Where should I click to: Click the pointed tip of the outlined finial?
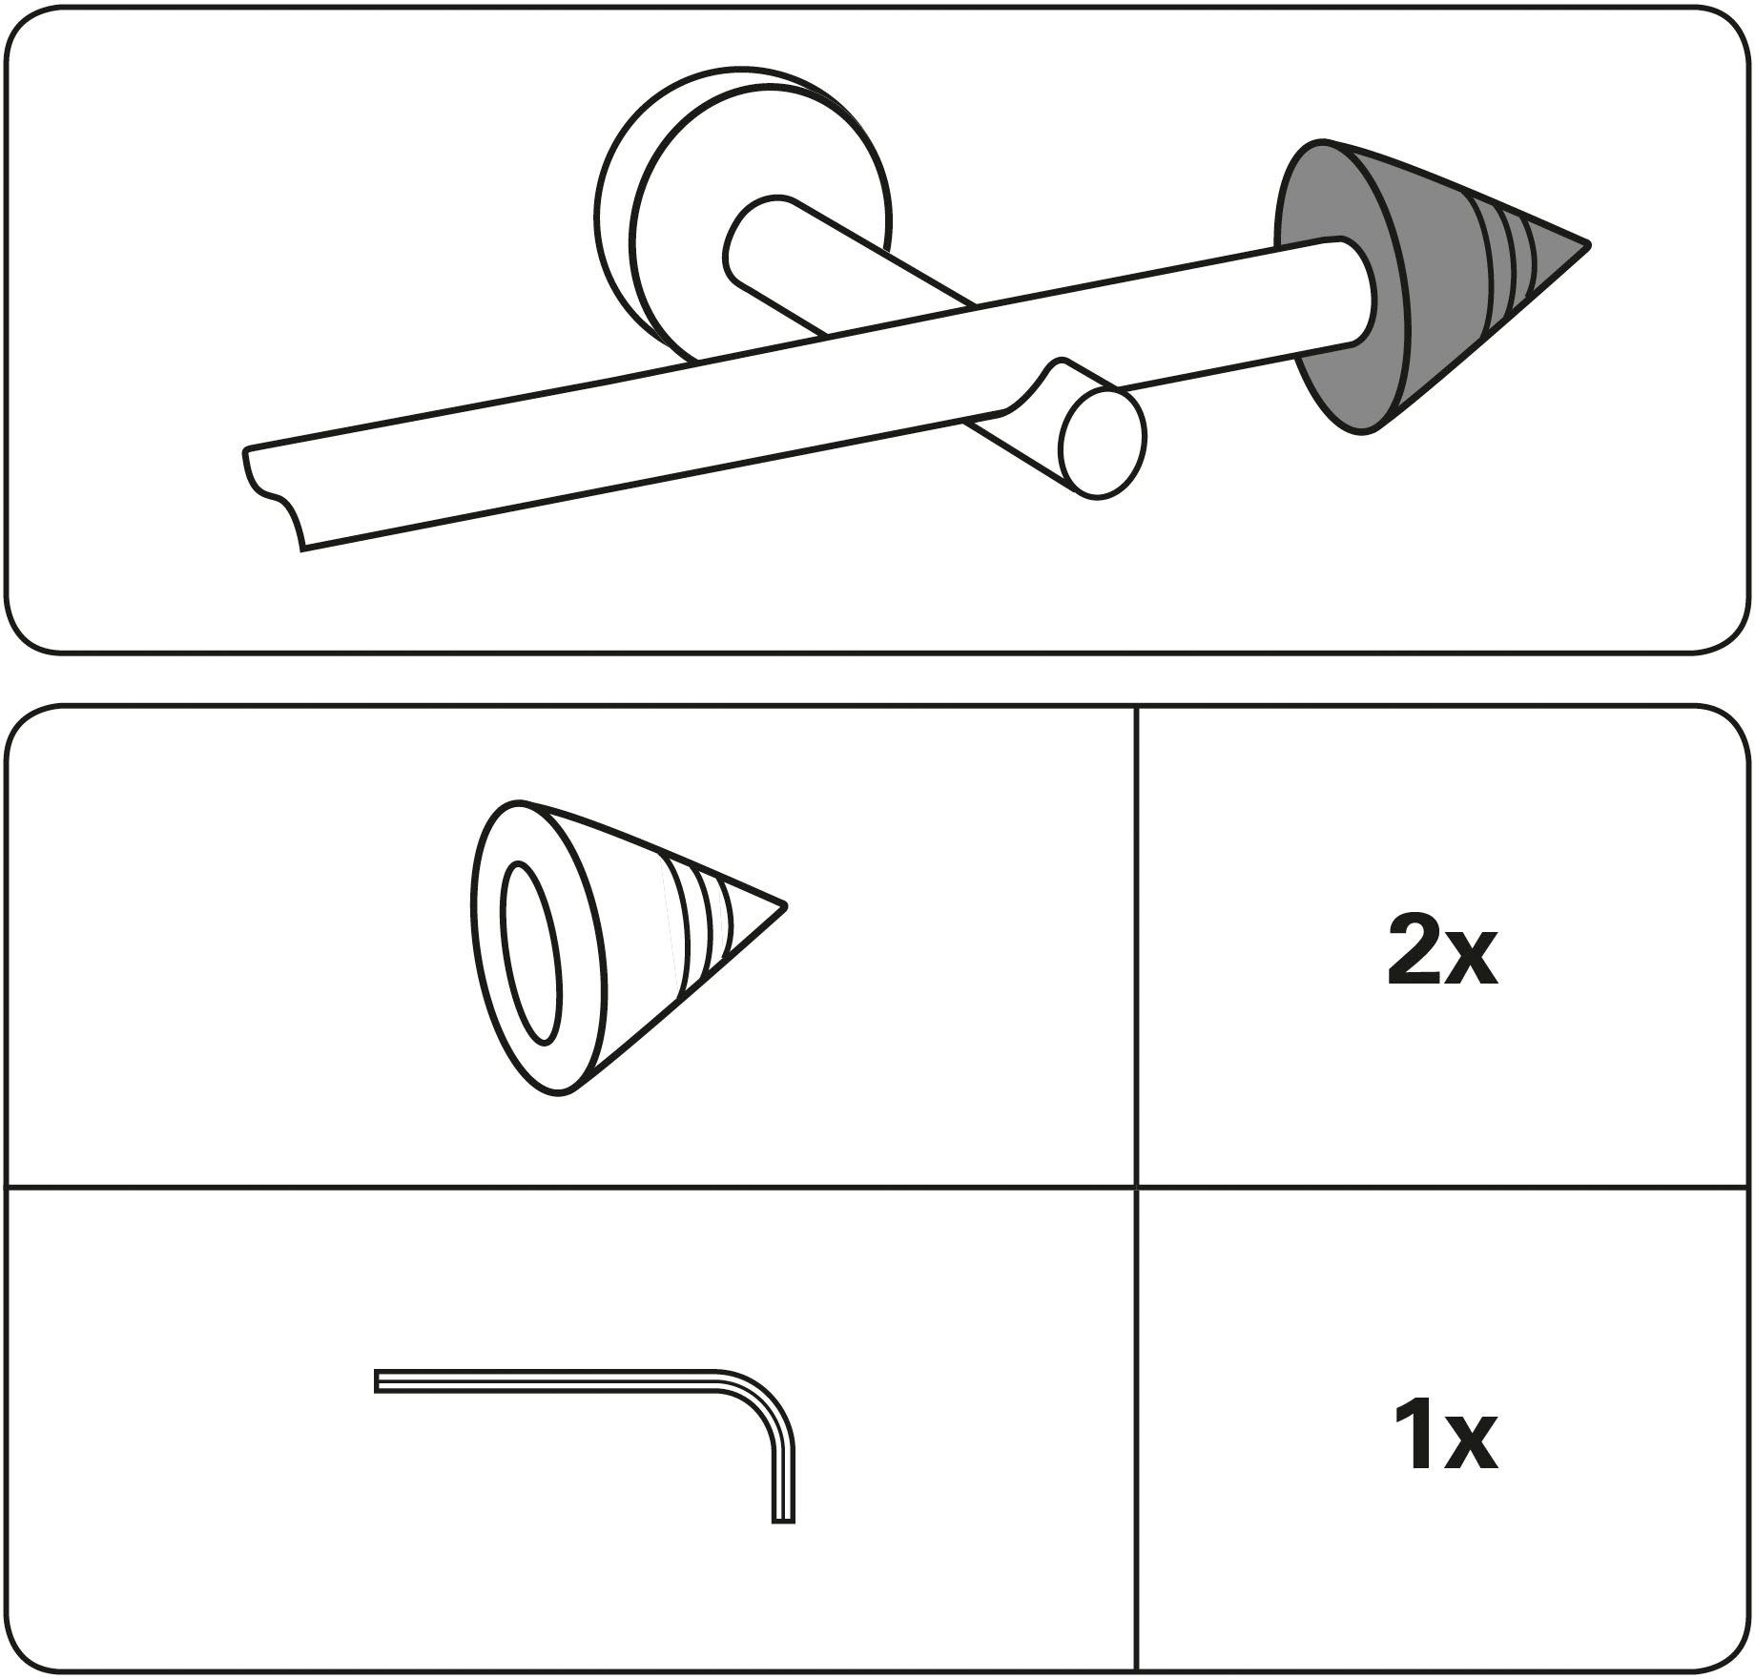click(x=784, y=904)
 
